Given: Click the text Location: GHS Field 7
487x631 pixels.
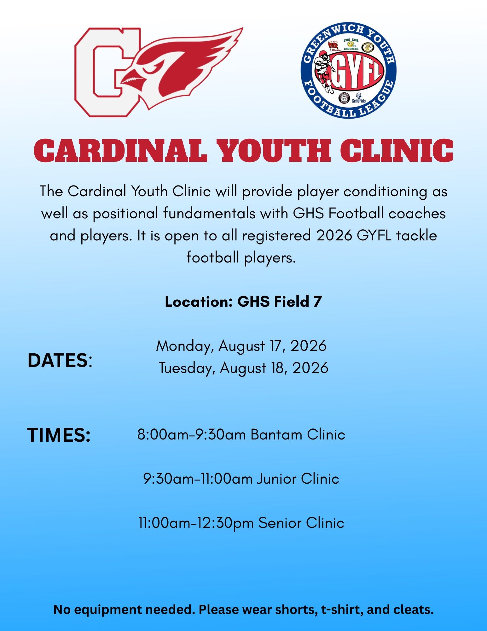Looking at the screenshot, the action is point(243,302).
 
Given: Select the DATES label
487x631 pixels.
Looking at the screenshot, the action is point(60,360).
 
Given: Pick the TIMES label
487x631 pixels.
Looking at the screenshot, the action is point(59,435).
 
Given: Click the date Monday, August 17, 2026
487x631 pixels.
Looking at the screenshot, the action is point(241,346).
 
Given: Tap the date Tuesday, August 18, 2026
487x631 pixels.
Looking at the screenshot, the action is point(243,368).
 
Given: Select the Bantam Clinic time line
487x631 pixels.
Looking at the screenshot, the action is point(241,435).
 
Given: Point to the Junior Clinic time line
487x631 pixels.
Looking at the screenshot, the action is point(241,479).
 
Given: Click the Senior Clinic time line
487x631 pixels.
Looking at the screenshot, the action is point(241,523).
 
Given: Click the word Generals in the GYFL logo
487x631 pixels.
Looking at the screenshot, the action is point(359,101).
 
